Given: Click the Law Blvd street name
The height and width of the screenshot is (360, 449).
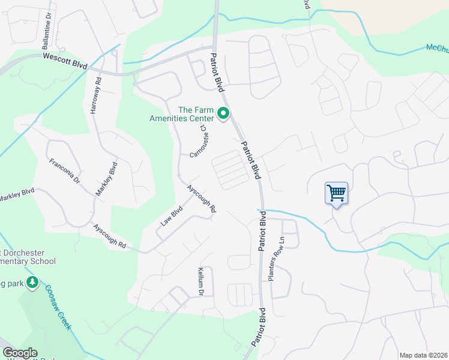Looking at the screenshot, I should pos(171,216).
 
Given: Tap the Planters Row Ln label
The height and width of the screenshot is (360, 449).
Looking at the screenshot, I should pos(278,264).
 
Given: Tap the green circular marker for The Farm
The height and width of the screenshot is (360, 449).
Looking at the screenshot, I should pos(224,113).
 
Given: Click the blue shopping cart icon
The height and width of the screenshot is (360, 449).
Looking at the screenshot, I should pos(336,193).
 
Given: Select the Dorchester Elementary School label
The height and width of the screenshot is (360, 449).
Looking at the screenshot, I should pos(28,257).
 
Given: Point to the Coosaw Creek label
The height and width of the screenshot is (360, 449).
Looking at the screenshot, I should pos(58,305).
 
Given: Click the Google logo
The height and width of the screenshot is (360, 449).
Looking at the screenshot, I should pos(20,353).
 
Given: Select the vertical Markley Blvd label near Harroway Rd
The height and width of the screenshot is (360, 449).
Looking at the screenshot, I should pos(106,178).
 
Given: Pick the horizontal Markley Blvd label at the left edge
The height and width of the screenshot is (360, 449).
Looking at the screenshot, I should pos(17,195).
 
